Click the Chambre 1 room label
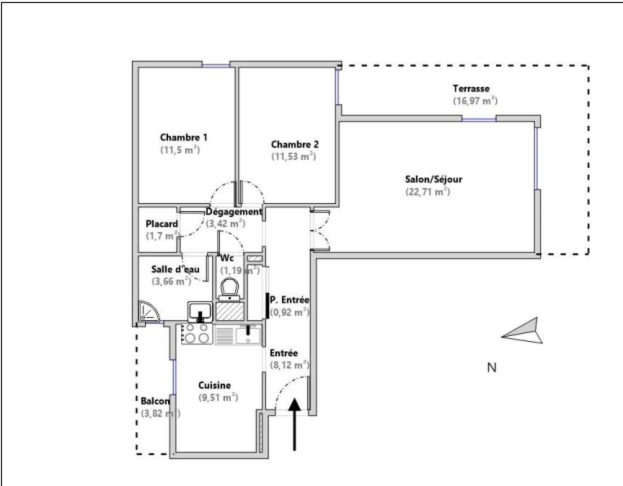pos(184,137)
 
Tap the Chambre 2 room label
pos(295,144)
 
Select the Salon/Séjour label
pos(433,179)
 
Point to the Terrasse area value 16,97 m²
pos(475,101)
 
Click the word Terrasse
pos(471,89)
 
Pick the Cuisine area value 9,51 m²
pos(218,397)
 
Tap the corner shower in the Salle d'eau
pos(146,311)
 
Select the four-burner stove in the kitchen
pos(197,334)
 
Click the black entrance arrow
pos(294,423)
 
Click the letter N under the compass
pos(492,368)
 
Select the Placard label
pos(162,224)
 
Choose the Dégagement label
pos(234,211)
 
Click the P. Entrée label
pos(289,300)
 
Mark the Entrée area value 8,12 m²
pos(289,365)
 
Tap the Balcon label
pos(155,401)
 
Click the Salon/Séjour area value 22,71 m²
pos(428,192)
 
